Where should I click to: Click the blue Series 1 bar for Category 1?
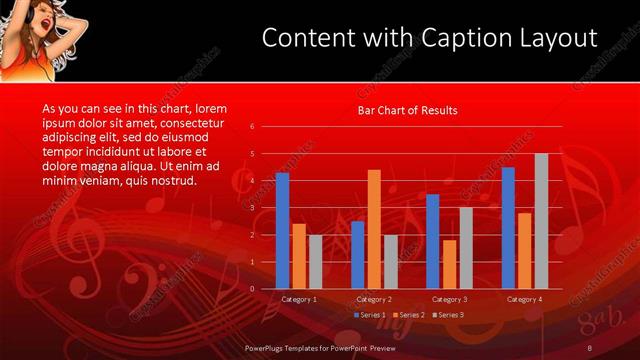tap(282, 231)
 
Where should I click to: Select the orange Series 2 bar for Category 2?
tap(374, 229)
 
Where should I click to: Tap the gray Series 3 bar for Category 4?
tap(541, 221)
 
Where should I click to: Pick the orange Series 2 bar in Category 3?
tap(449, 264)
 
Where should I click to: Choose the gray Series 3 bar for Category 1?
tap(315, 262)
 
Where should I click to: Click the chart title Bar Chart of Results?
tap(408, 110)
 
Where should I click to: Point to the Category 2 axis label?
tap(374, 299)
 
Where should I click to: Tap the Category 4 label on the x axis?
tap(524, 299)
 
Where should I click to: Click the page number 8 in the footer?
tap(591, 347)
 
